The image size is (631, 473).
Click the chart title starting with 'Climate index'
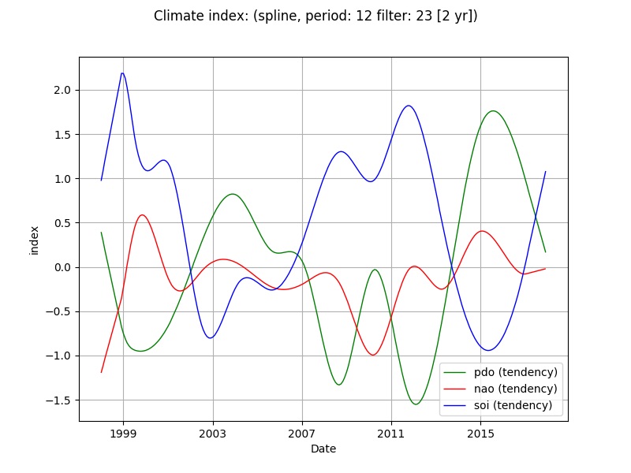[315, 16]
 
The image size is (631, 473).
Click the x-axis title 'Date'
[323, 449]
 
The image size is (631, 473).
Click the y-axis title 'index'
[34, 239]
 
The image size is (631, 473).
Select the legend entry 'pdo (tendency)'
[516, 371]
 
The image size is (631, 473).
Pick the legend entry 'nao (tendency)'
[516, 389]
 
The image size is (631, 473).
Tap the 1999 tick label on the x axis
[123, 434]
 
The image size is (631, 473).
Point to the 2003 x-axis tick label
[213, 434]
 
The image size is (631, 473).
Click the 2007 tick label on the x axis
[302, 434]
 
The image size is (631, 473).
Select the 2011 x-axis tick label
[391, 434]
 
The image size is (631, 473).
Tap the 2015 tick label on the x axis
[481, 434]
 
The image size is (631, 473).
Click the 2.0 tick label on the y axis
[62, 91]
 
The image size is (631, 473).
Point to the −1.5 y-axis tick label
[59, 400]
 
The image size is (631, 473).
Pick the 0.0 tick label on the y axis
[62, 267]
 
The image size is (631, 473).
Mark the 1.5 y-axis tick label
[62, 135]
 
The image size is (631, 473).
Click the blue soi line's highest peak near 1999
[122, 73]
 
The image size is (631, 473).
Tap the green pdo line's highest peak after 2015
[493, 111]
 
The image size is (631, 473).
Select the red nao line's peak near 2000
[142, 215]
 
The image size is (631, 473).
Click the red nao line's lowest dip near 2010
[372, 355]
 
